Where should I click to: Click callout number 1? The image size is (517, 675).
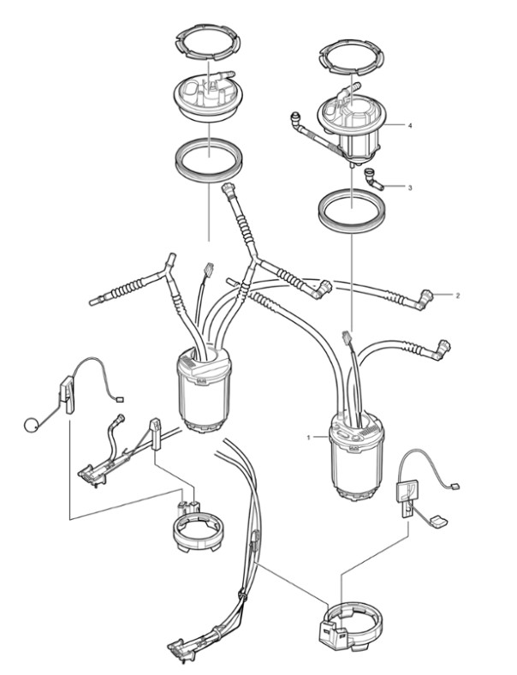pos(308,438)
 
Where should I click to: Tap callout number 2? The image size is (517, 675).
pos(458,296)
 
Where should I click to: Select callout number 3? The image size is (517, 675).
pos(410,188)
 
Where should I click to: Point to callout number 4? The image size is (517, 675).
pos(410,125)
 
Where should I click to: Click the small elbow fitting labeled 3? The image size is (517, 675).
pos(373,179)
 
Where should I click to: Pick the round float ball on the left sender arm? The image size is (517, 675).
pos(32,425)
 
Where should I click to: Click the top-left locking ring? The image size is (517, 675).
pos(208,42)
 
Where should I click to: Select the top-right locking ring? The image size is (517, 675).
pos(352,57)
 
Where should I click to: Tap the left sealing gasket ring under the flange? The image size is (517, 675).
pos(209,159)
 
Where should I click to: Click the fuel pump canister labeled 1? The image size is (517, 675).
pos(356,457)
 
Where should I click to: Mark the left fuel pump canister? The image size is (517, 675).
pos(204,390)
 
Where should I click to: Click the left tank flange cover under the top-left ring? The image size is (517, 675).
pos(209,98)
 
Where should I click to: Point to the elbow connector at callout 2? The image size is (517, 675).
pos(424,299)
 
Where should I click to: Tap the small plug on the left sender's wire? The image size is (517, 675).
pos(120,399)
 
